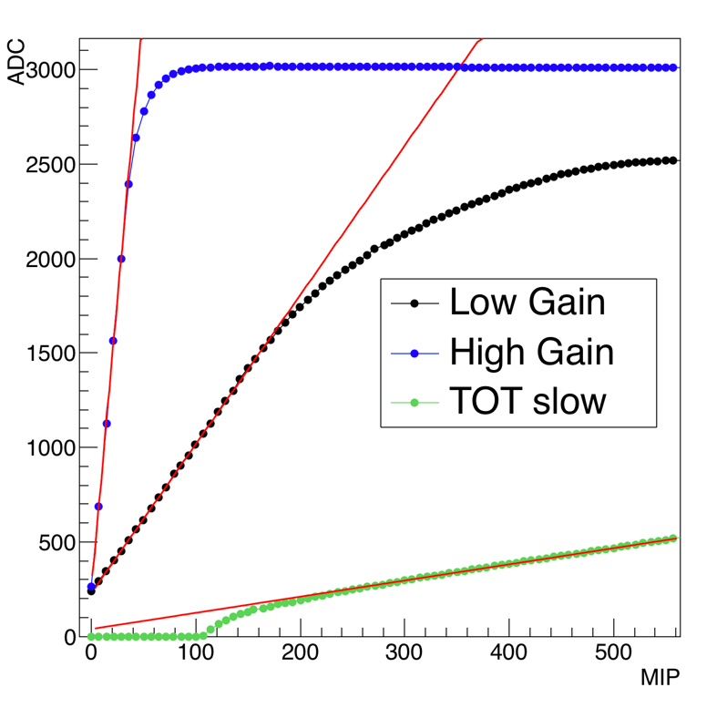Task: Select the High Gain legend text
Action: [x=531, y=353]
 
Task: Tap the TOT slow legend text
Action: [x=527, y=402]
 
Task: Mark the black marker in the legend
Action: [x=415, y=304]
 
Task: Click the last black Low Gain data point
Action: [x=673, y=160]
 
